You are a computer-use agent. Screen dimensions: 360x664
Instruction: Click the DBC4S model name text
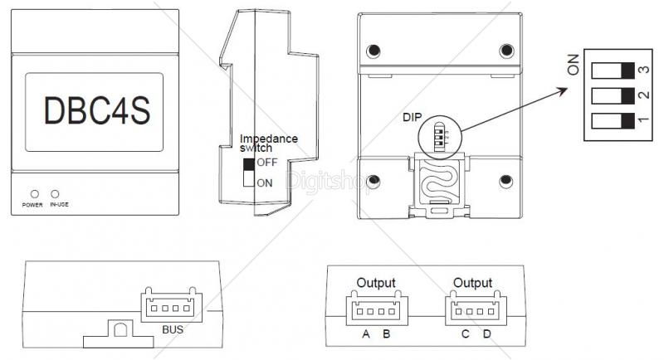click(x=93, y=112)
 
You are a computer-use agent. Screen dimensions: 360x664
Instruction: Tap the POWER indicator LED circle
click(x=35, y=193)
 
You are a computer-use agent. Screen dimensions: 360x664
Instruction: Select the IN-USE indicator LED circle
click(x=56, y=193)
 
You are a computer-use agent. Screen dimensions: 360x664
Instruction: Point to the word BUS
click(x=173, y=329)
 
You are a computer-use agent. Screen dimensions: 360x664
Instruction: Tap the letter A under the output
click(x=365, y=335)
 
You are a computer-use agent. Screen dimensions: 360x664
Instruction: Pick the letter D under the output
click(x=486, y=335)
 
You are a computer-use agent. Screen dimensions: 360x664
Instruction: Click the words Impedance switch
click(x=267, y=143)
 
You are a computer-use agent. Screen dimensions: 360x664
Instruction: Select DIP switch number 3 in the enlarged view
click(x=613, y=69)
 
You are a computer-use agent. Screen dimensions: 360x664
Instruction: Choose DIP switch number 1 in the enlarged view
click(x=613, y=124)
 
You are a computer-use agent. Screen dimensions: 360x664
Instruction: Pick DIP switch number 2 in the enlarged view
click(x=613, y=96)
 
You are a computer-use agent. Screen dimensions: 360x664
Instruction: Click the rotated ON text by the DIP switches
click(x=574, y=65)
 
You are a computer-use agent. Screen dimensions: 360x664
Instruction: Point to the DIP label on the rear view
click(x=412, y=117)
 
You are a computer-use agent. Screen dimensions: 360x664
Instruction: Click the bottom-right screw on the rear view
click(x=505, y=181)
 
